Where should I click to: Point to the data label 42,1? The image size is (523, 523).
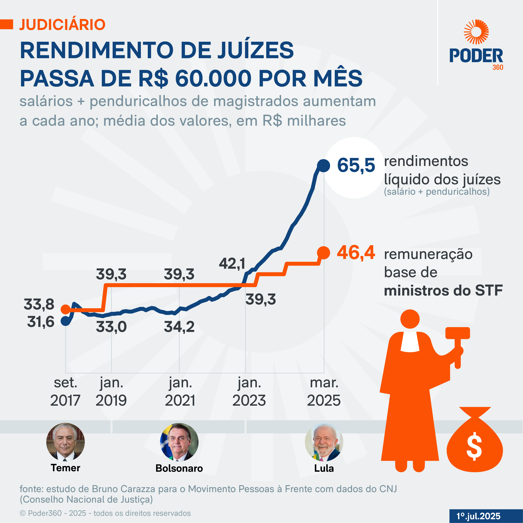click(232, 264)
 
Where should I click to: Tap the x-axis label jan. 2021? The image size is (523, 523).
click(180, 392)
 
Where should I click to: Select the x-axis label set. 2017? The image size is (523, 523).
click(65, 392)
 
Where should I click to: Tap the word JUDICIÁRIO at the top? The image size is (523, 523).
click(62, 25)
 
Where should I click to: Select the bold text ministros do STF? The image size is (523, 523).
click(443, 291)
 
